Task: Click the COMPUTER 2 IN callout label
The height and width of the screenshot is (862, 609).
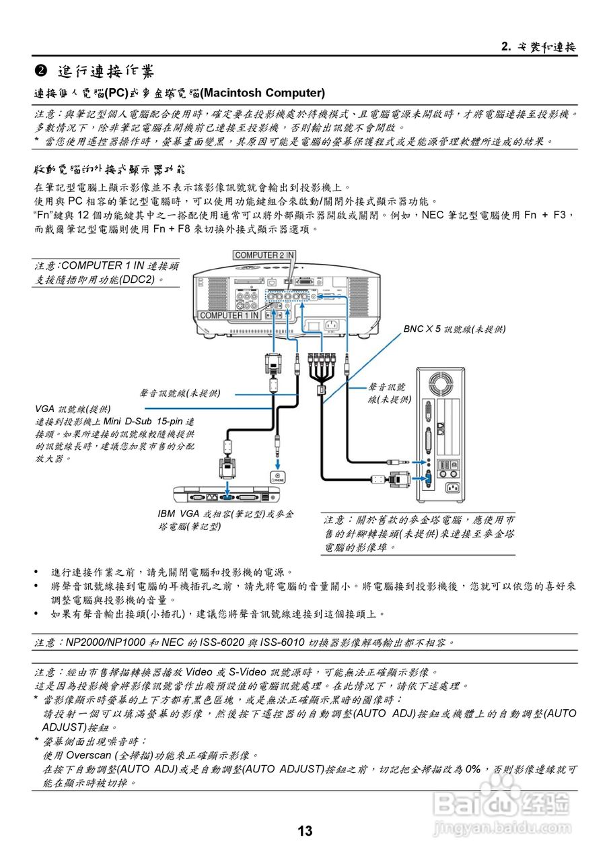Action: click(264, 255)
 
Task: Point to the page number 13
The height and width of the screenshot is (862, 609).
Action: click(305, 831)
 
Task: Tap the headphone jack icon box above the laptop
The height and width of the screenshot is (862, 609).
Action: click(277, 476)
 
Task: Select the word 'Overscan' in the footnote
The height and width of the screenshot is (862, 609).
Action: click(87, 756)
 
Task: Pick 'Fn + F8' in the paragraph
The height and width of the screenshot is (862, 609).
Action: click(173, 229)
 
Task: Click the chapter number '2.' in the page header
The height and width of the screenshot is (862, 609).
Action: click(507, 46)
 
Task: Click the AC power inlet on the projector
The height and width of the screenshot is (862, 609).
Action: click(330, 326)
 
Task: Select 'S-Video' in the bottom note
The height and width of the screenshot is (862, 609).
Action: click(244, 672)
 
